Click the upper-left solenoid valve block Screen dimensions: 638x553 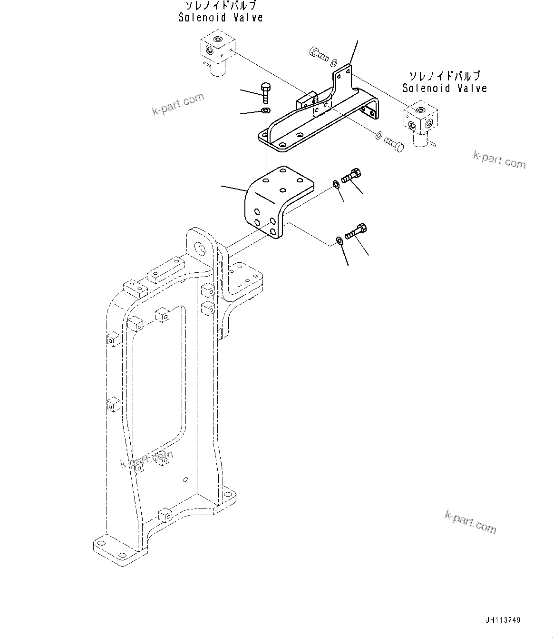pos(216,51)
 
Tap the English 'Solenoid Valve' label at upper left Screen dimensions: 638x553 pos(221,18)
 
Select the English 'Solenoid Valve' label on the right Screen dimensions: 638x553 pos(444,88)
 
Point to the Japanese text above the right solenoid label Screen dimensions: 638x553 pos(445,76)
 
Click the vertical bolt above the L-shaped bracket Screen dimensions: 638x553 pos(265,92)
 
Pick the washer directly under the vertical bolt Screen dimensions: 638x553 pos(265,111)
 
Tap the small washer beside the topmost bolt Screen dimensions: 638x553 pos(334,62)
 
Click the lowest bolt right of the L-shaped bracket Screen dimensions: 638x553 pos(355,231)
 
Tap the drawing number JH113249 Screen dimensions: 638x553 pos(503,620)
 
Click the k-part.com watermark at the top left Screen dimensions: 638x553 pos(178,104)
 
